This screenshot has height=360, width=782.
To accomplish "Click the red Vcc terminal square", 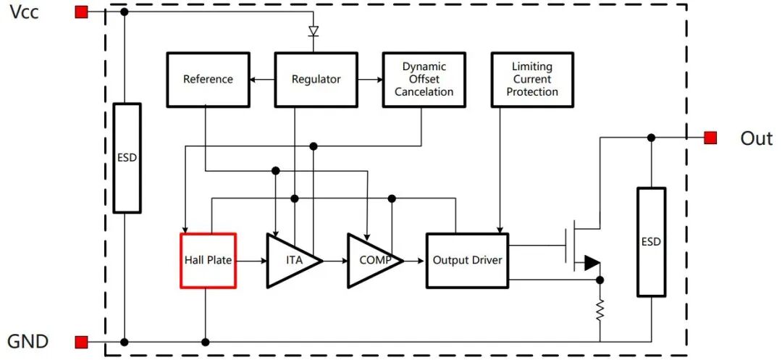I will coord(81,12).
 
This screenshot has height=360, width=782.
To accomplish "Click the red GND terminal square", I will coord(81,342).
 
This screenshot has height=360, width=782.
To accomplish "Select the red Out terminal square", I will coord(710,138).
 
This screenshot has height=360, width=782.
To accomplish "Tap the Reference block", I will coord(208,79).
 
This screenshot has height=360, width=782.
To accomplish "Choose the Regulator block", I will coord(316,79).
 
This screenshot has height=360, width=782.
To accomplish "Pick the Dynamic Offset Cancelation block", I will coord(424,79).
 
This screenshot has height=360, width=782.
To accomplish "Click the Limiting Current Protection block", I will coord(532,79).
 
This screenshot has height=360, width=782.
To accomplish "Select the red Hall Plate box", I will coord(208,260).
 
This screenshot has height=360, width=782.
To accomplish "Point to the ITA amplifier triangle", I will coord(289,260).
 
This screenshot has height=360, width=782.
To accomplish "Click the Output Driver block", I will coord(467,260).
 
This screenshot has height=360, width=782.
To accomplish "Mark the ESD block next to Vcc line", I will coord(127,157).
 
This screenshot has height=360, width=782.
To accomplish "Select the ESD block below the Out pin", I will coord(651,242).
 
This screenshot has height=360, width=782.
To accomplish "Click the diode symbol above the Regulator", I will coord(314,31).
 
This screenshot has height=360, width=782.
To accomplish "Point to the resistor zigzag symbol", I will coord(600,311).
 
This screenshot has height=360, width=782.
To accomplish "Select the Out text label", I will coord(756,138).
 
